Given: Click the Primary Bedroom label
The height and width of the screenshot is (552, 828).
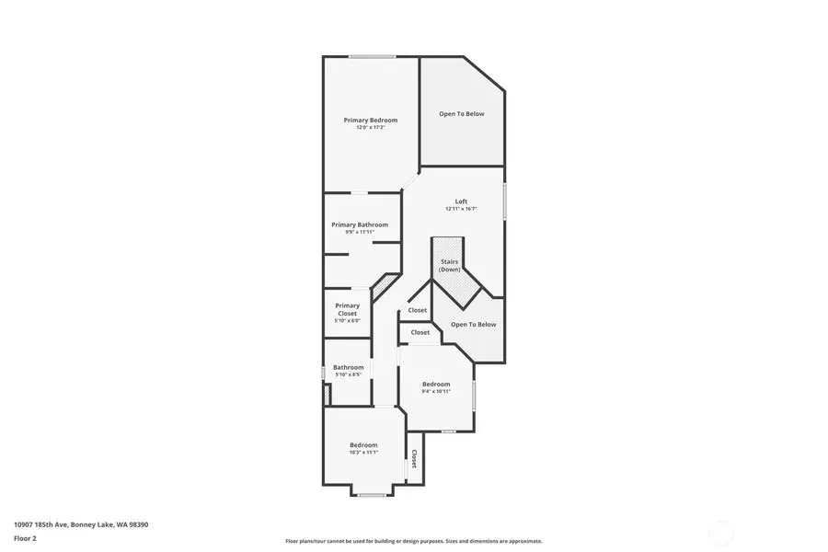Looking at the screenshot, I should tap(371, 120).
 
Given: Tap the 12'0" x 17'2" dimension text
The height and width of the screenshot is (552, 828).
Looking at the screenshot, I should tap(371, 127).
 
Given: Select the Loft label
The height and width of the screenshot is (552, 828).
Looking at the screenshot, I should tap(461, 201).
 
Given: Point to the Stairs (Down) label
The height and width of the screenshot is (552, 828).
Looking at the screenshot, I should tap(449, 265).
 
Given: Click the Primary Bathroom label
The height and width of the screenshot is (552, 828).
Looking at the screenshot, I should tap(360, 224).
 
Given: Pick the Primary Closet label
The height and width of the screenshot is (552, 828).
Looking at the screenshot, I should tap(347, 309).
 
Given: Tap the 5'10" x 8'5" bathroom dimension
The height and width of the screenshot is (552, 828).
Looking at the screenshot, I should tap(348, 374).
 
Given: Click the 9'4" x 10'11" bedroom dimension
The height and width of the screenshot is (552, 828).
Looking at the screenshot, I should tap(436, 391).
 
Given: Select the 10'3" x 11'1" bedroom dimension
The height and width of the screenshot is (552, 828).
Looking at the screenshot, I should tap(363, 452).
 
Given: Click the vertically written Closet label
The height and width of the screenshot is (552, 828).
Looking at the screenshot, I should tap(414, 458).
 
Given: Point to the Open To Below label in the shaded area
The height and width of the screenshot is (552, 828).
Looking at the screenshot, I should tap(461, 114).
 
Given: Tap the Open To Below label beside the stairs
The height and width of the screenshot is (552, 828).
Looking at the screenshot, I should tap(473, 324).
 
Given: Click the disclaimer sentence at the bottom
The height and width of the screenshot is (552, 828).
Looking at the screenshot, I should tap(413, 541).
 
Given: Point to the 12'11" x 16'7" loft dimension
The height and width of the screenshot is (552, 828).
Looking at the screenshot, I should tap(461, 209).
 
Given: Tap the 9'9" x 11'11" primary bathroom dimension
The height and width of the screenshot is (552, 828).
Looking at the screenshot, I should tap(360, 232).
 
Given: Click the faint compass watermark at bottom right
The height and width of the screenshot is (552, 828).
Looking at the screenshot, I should tap(722, 532).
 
